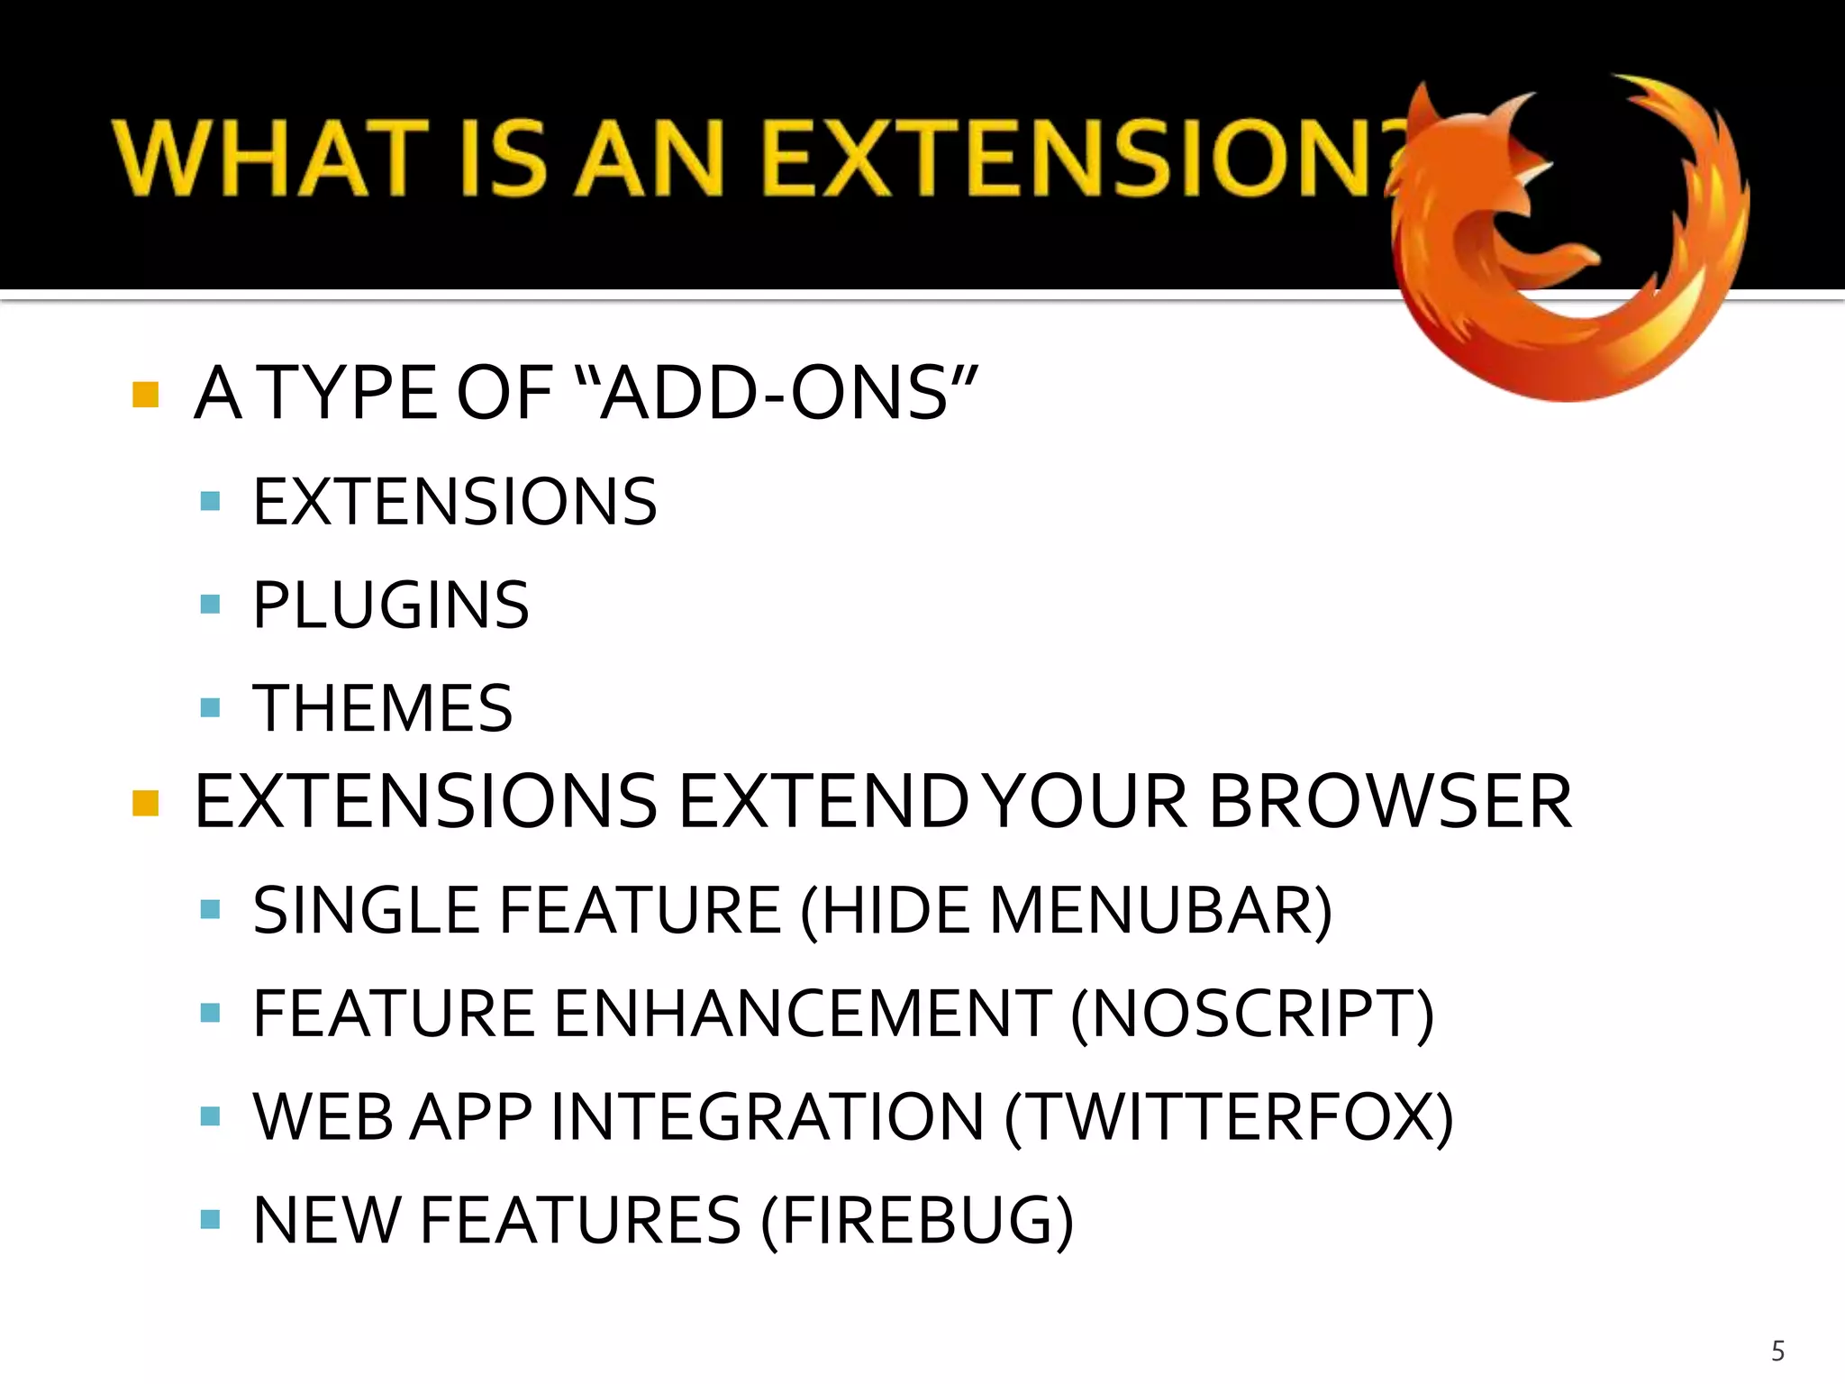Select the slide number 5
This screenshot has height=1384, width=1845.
1777,1351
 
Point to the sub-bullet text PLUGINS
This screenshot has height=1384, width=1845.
391,605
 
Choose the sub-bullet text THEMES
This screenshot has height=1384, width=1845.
383,708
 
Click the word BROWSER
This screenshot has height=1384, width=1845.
1390,801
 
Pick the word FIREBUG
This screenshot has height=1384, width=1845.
916,1220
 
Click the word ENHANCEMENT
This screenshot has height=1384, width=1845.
802,1014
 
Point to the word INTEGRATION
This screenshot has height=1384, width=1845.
767,1117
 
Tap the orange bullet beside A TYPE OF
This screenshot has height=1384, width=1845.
145,395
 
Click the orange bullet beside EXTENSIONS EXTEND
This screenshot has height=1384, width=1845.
145,802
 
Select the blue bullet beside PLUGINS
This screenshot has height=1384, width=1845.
210,604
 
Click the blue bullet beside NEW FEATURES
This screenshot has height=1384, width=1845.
210,1219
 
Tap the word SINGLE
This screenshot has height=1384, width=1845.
366,910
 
